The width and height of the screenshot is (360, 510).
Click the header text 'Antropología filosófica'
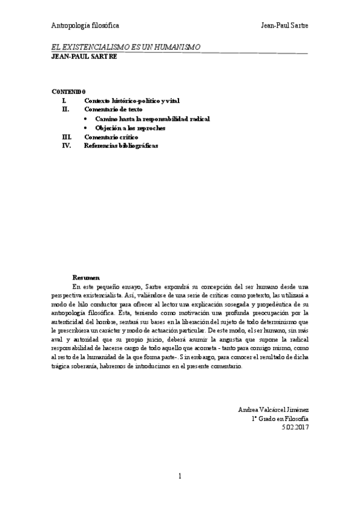[85, 26]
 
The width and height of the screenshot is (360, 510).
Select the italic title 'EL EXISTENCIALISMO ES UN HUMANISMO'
[126, 47]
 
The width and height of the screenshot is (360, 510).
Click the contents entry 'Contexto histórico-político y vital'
[132, 100]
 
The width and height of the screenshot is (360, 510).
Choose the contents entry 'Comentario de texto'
[114, 110]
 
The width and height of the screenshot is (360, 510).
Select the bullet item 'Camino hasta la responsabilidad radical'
[153, 119]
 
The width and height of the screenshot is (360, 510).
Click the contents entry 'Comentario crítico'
[111, 137]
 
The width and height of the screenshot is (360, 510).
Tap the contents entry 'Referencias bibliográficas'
[121, 146]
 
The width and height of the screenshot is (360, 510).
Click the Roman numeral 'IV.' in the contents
[67, 146]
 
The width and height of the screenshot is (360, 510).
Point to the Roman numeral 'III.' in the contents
[67, 137]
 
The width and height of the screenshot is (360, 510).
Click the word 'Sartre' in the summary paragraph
[166, 287]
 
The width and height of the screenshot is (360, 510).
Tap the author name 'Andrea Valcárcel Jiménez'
[273, 410]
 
